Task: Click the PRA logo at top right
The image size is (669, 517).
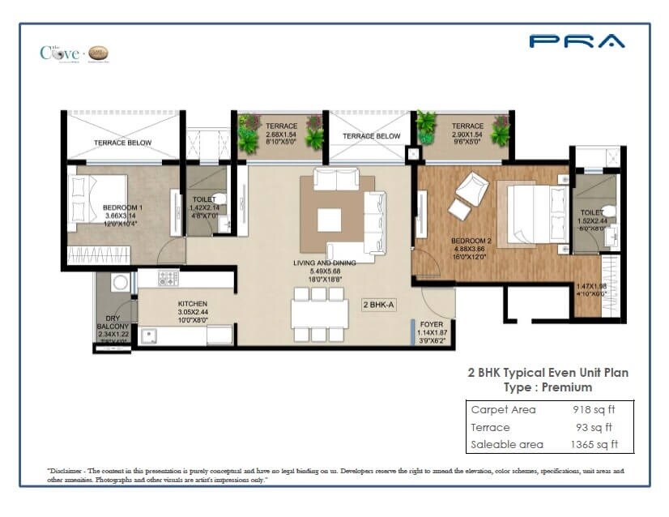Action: (577, 41)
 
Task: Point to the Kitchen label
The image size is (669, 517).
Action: (193, 311)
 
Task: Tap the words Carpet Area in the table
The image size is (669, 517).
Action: (503, 409)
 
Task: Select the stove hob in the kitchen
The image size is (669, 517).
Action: (168, 279)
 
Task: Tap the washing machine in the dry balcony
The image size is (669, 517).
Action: (120, 283)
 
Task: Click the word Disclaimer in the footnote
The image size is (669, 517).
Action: (71, 470)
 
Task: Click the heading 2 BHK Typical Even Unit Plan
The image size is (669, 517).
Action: (548, 373)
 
